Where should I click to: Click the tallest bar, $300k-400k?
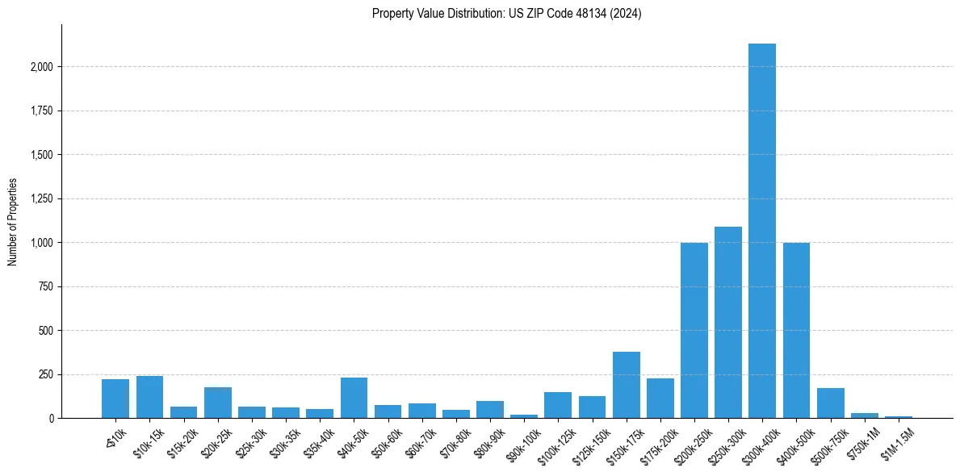coord(761,234)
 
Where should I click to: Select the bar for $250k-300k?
coord(727,323)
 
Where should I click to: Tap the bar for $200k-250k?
coord(694,331)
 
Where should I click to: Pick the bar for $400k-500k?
coord(796,331)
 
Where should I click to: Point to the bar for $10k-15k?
coord(149,397)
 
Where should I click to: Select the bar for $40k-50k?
coord(354,398)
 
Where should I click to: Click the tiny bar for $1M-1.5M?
coord(898,416)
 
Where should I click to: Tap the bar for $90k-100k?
coord(523,416)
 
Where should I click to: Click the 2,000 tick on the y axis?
coord(40,67)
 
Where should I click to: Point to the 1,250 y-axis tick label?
coord(40,199)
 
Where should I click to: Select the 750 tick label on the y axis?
coord(45,287)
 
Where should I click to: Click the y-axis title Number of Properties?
coord(13,221)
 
